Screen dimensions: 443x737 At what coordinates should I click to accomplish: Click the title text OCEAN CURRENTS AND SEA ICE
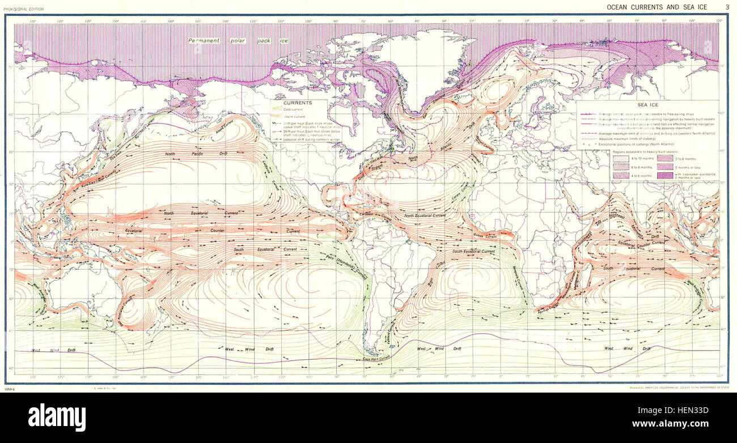(x=657, y=7)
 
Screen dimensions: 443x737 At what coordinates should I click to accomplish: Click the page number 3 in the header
(x=727, y=7)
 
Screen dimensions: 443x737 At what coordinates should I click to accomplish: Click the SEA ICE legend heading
(x=648, y=105)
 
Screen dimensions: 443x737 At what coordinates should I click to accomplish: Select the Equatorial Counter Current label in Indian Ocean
(x=641, y=242)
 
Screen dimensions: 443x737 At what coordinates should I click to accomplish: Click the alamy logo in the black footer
(x=57, y=418)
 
